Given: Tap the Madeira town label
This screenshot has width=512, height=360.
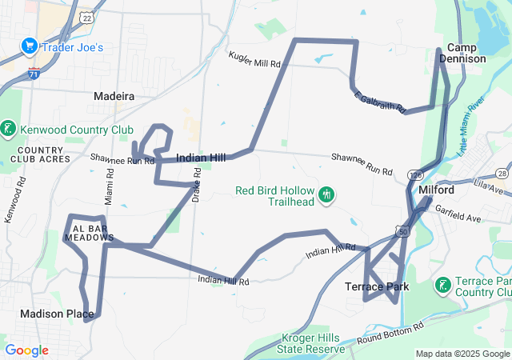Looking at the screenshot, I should click(114, 96).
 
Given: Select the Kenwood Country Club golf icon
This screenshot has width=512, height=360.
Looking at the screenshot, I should click(9, 129).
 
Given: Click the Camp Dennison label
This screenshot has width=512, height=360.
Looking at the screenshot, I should click(466, 53).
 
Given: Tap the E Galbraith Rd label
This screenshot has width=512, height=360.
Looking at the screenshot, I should click(380, 101).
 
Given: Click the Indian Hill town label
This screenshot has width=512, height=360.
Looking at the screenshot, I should click(200, 158).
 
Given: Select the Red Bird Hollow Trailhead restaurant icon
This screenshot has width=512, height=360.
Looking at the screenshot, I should click(326, 194).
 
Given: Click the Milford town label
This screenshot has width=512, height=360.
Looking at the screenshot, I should click(436, 190).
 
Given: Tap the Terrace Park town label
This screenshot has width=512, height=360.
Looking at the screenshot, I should click(377, 286).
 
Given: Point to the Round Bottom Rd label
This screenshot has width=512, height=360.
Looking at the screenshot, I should click(390, 336).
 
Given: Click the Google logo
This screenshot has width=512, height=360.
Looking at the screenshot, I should click(26, 350).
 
